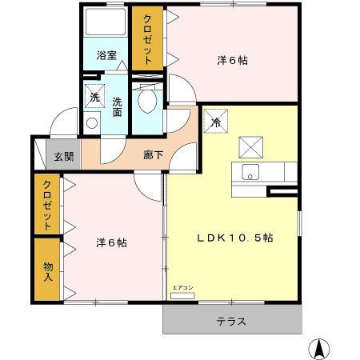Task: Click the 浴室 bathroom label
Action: (x=106, y=56)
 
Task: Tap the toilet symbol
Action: (x=146, y=101)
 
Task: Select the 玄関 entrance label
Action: (x=64, y=157)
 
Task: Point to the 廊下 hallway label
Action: (x=152, y=154)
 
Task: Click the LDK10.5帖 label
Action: (x=235, y=238)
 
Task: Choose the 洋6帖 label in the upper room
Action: (x=232, y=60)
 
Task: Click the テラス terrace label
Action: (x=232, y=322)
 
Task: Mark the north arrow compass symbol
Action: (x=320, y=347)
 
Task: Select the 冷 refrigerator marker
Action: (x=216, y=122)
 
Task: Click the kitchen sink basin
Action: (x=250, y=172)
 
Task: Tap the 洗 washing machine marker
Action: (x=94, y=98)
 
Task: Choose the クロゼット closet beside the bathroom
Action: (x=148, y=40)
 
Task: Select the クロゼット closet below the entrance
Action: (x=47, y=205)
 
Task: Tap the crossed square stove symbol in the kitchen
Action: (x=251, y=146)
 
